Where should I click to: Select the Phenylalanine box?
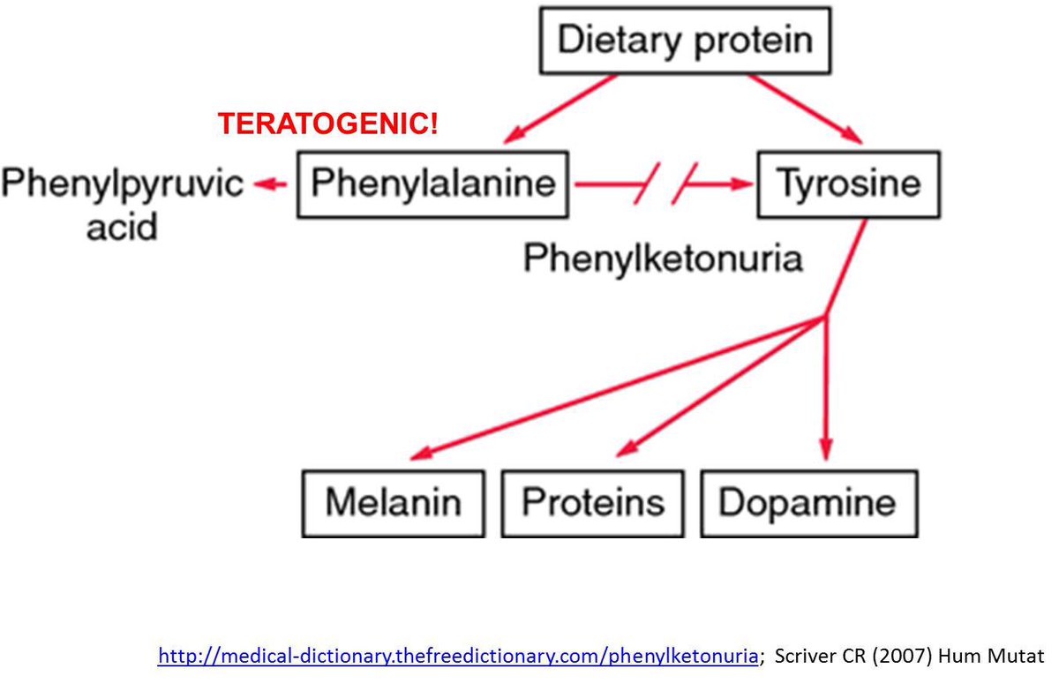click(432, 184)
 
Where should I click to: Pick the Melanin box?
click(393, 503)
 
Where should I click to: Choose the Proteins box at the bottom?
click(592, 503)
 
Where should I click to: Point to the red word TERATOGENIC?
click(327, 124)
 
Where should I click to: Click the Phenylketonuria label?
click(663, 259)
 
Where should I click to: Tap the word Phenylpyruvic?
click(122, 184)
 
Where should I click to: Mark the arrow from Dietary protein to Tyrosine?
click(806, 109)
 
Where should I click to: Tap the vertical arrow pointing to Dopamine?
click(825, 388)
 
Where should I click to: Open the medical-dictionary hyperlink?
click(458, 656)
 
